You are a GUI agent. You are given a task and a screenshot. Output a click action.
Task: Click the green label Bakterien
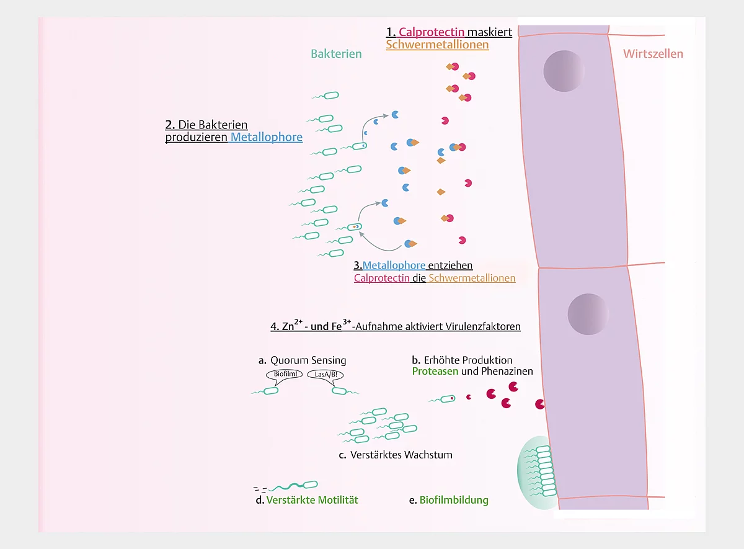tap(336, 54)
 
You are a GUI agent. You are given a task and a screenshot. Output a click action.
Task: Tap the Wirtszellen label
tap(653, 54)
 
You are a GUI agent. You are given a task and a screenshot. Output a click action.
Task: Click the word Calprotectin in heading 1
tap(431, 32)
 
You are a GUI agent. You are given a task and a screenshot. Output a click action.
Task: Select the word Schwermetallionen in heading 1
tap(437, 45)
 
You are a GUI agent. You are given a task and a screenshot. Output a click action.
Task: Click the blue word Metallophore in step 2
tap(267, 137)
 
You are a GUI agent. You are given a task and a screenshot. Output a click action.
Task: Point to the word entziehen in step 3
tap(450, 266)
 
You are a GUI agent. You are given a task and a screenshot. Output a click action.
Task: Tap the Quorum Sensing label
tap(308, 360)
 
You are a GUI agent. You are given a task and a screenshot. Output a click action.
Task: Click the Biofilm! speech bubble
tap(285, 375)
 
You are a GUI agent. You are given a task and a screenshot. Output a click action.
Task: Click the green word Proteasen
tap(435, 371)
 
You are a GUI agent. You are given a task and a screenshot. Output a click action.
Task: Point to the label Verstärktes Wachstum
tap(401, 455)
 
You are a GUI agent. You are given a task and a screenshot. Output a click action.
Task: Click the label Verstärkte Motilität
tap(312, 500)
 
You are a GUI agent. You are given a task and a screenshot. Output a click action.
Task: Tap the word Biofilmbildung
tap(454, 500)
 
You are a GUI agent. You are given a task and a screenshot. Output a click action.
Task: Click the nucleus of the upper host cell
tap(564, 71)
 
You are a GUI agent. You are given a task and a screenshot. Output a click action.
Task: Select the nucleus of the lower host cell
tap(588, 314)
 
